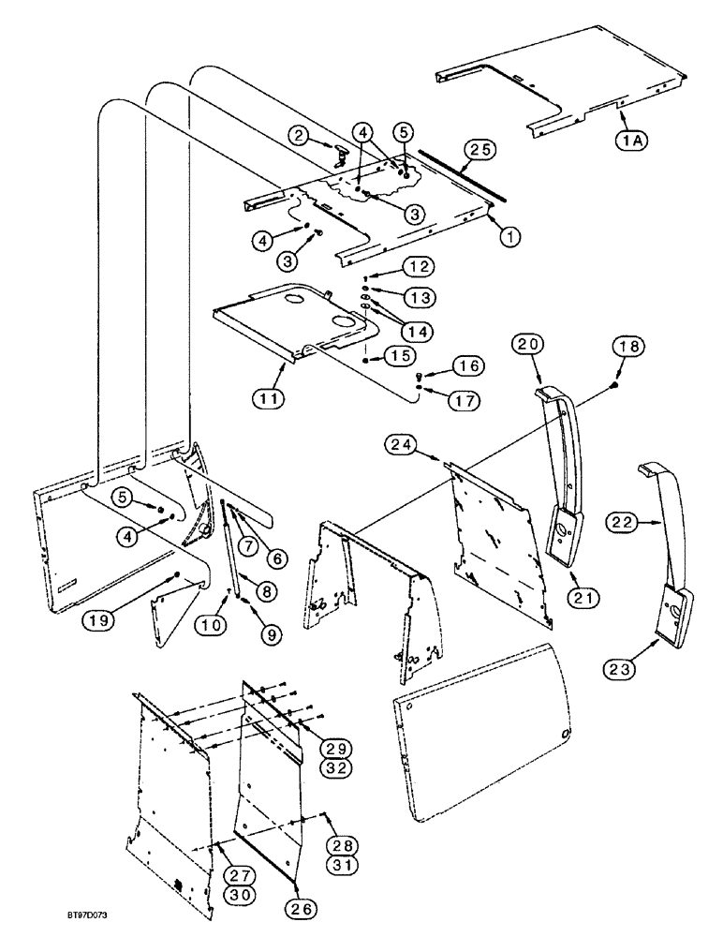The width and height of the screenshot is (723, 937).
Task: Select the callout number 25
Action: [483, 149]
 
